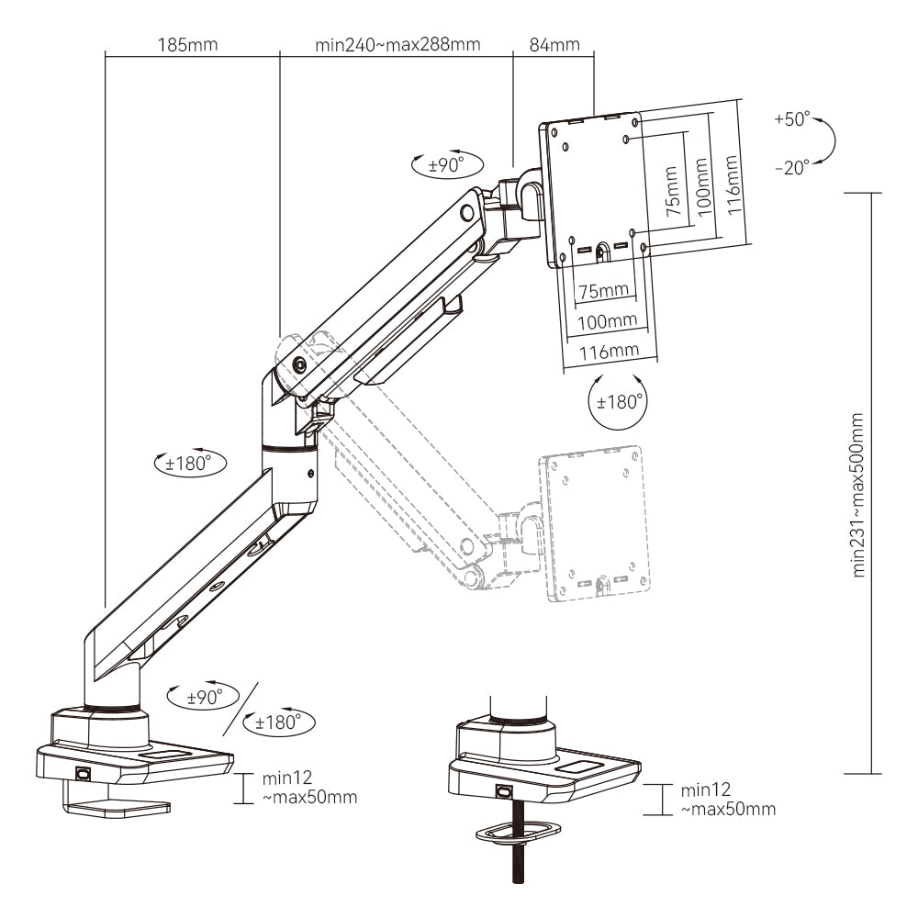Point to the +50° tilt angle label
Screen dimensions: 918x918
[791, 119]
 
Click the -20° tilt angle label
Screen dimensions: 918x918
[791, 167]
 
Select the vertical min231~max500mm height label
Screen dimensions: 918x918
[859, 493]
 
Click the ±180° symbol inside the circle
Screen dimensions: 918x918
[617, 402]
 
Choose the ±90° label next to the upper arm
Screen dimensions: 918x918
[445, 165]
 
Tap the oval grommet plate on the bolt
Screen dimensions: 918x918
[518, 831]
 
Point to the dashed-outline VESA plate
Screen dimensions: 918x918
[597, 523]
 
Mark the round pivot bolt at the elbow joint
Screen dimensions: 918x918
[300, 364]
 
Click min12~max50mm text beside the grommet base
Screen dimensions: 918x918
[728, 799]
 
